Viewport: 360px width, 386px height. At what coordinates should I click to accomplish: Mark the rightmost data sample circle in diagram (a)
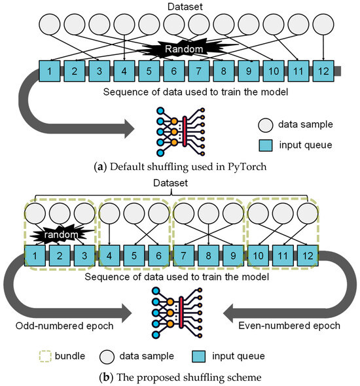point(323,26)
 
